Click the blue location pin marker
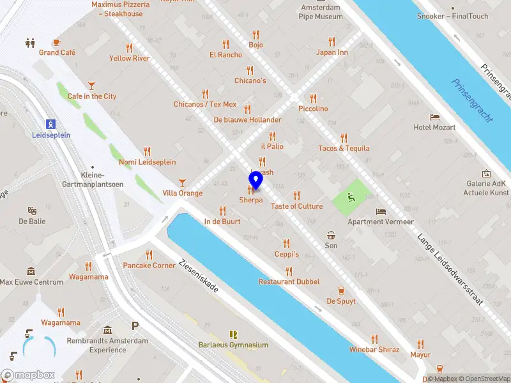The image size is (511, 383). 256,181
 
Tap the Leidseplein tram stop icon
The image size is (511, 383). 51,124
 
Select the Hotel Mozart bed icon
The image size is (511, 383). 435,117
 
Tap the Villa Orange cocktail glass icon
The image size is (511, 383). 183,182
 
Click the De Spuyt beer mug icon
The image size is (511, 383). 341,290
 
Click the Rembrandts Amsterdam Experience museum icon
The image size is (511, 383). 107,330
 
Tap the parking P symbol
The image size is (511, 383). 135,326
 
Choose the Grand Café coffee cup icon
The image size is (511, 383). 57,41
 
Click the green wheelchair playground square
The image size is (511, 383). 351,197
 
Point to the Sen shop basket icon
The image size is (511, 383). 331,234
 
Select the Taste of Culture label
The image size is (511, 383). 296,206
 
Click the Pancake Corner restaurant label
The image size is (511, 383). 149,266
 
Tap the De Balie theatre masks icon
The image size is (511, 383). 32,210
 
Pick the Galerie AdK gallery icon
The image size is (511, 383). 486,173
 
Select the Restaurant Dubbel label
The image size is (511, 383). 289,282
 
